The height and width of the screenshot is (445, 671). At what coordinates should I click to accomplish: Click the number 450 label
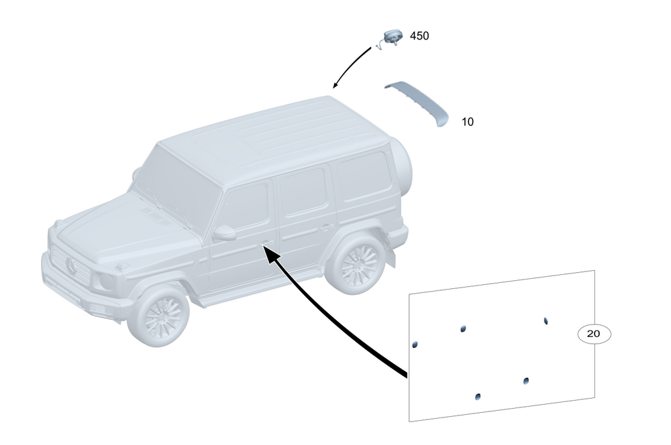click(419, 36)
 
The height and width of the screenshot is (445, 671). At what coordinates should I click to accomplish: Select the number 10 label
click(467, 122)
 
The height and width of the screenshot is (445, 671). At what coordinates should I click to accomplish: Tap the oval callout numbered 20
click(594, 333)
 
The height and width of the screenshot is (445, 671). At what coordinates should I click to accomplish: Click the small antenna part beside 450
click(389, 38)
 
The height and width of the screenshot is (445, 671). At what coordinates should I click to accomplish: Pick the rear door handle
click(327, 228)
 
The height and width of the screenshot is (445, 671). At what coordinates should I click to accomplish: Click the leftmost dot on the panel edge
click(415, 344)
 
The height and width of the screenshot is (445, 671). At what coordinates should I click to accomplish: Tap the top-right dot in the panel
click(546, 321)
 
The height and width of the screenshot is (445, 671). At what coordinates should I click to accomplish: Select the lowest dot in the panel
click(477, 397)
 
